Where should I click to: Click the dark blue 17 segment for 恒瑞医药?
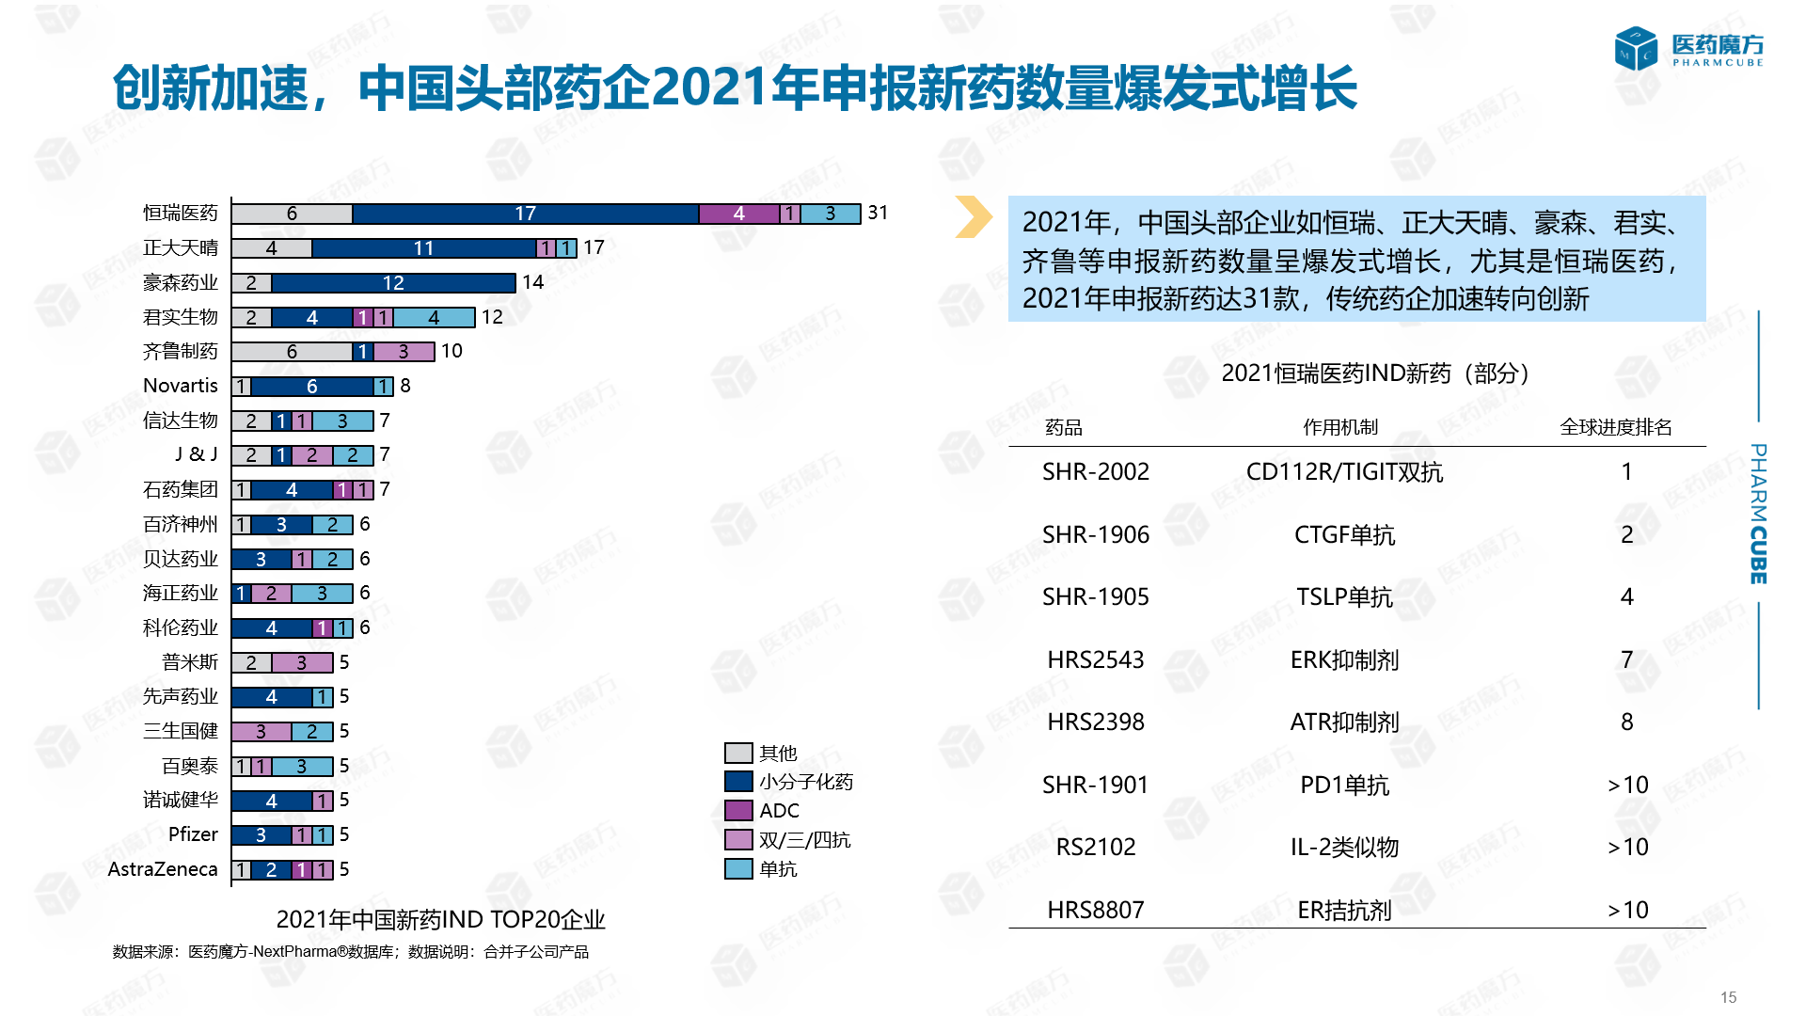(525, 214)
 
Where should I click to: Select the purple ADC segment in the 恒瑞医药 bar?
(738, 214)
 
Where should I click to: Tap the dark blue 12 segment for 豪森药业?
(393, 283)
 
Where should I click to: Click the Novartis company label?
(180, 386)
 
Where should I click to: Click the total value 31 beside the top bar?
(878, 213)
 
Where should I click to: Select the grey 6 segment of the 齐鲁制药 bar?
(292, 352)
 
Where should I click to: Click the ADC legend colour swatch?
(738, 811)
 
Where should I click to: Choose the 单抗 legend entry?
(778, 869)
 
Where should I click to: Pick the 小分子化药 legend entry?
(805, 782)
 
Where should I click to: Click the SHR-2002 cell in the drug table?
(1096, 471)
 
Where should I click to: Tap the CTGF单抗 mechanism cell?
(1344, 534)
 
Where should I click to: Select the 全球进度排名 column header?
(1615, 427)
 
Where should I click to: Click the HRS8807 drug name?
(1096, 910)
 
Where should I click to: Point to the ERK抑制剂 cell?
(1344, 659)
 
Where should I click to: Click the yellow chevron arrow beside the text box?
(974, 216)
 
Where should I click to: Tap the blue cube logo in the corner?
(1635, 49)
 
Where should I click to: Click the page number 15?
(1728, 997)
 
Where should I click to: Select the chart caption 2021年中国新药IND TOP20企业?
(440, 919)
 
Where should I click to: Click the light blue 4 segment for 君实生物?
(434, 318)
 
